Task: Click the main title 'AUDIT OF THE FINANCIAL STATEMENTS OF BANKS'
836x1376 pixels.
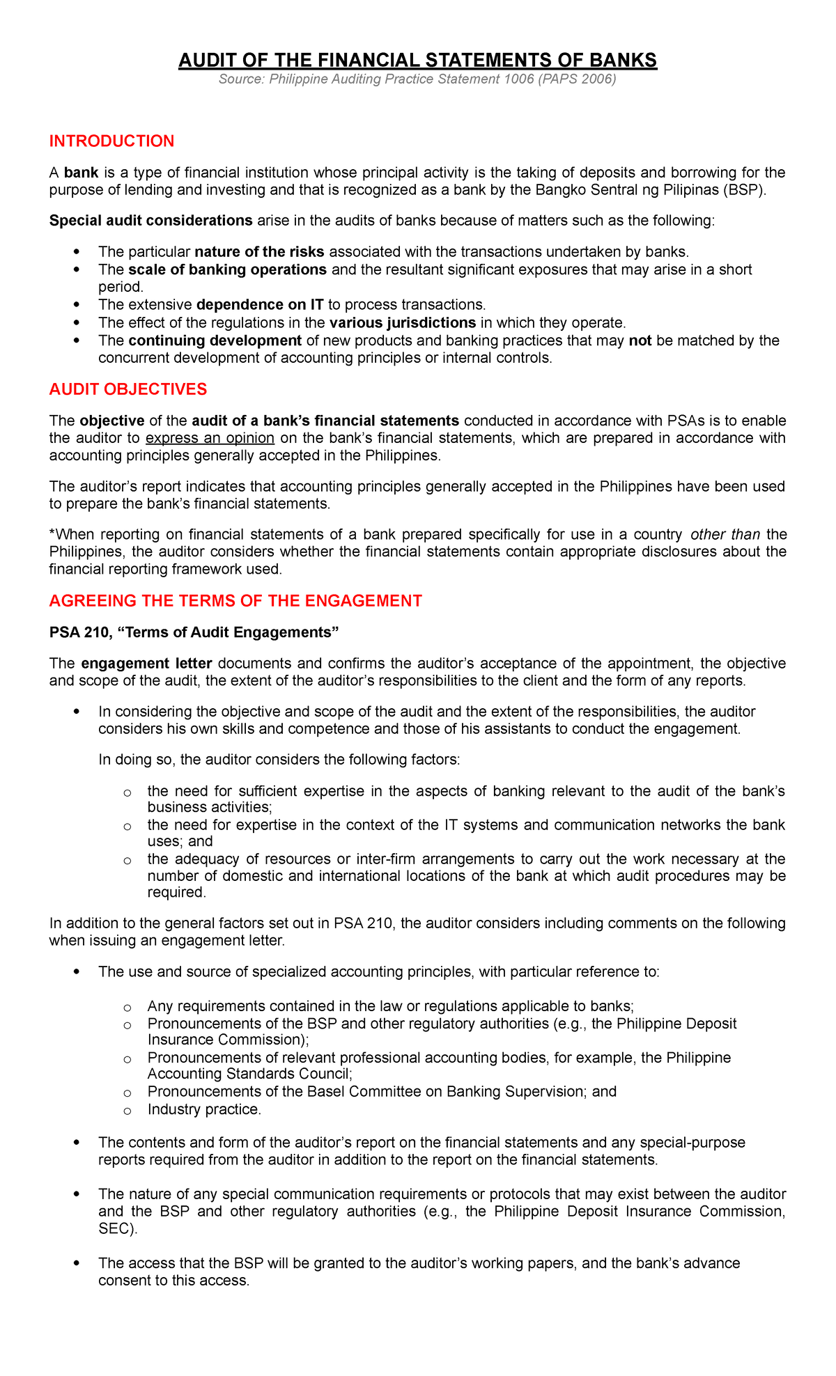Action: tap(417, 61)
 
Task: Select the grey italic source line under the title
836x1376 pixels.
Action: tap(417, 79)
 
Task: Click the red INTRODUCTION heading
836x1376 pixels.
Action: tap(111, 141)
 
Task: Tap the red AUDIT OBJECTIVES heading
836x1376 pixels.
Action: tap(127, 389)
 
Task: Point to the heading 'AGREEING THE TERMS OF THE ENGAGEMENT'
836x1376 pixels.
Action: tap(235, 601)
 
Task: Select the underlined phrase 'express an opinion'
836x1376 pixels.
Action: tap(210, 438)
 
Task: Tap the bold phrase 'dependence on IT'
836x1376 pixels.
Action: tap(260, 305)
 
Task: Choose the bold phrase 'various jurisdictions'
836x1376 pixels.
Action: tap(403, 322)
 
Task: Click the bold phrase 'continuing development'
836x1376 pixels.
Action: tap(215, 341)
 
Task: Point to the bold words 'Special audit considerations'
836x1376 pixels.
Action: tap(150, 221)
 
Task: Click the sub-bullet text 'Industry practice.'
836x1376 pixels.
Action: tap(204, 1109)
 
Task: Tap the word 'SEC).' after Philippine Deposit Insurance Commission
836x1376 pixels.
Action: tap(118, 1229)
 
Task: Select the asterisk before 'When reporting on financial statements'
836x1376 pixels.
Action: tap(52, 534)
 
